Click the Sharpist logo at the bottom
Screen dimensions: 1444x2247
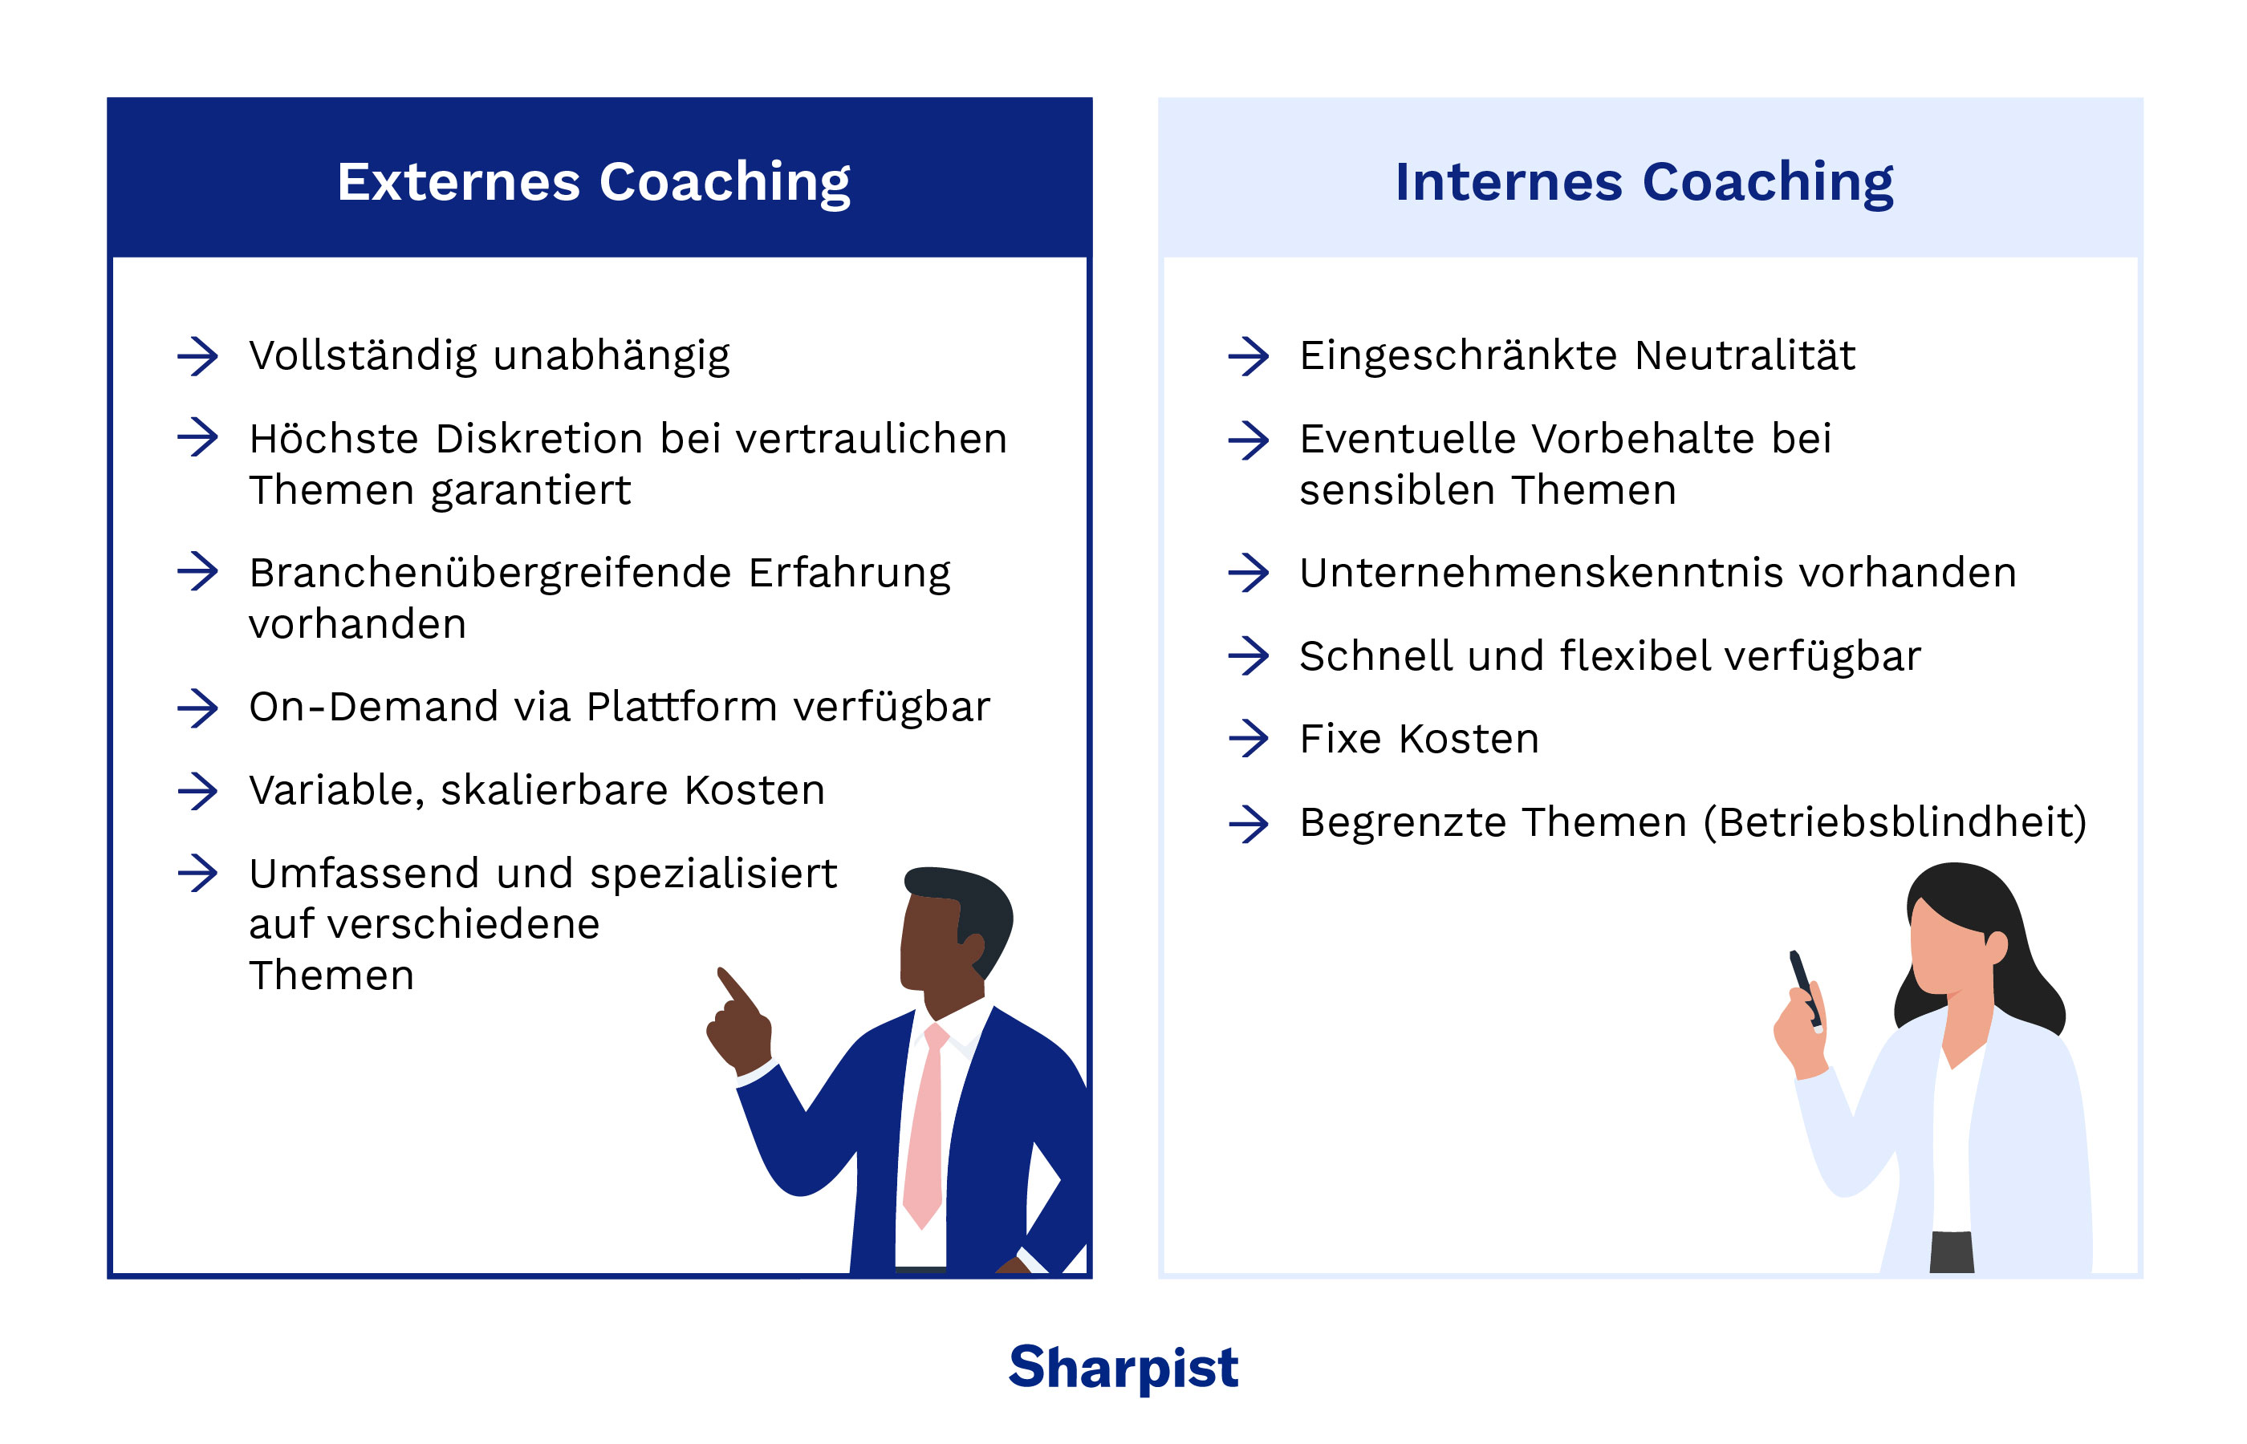pos(1123,1367)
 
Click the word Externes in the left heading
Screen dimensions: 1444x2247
pos(457,181)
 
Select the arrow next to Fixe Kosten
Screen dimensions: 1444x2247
pos(1247,738)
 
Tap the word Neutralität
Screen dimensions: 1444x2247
pos(1745,356)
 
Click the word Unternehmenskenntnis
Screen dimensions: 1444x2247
pos(1540,573)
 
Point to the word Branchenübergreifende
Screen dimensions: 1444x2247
pos(490,573)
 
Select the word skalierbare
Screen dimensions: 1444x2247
pos(553,790)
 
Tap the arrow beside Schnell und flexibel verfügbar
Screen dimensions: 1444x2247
pos(1247,655)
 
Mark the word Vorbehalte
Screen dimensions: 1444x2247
pos(1641,439)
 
